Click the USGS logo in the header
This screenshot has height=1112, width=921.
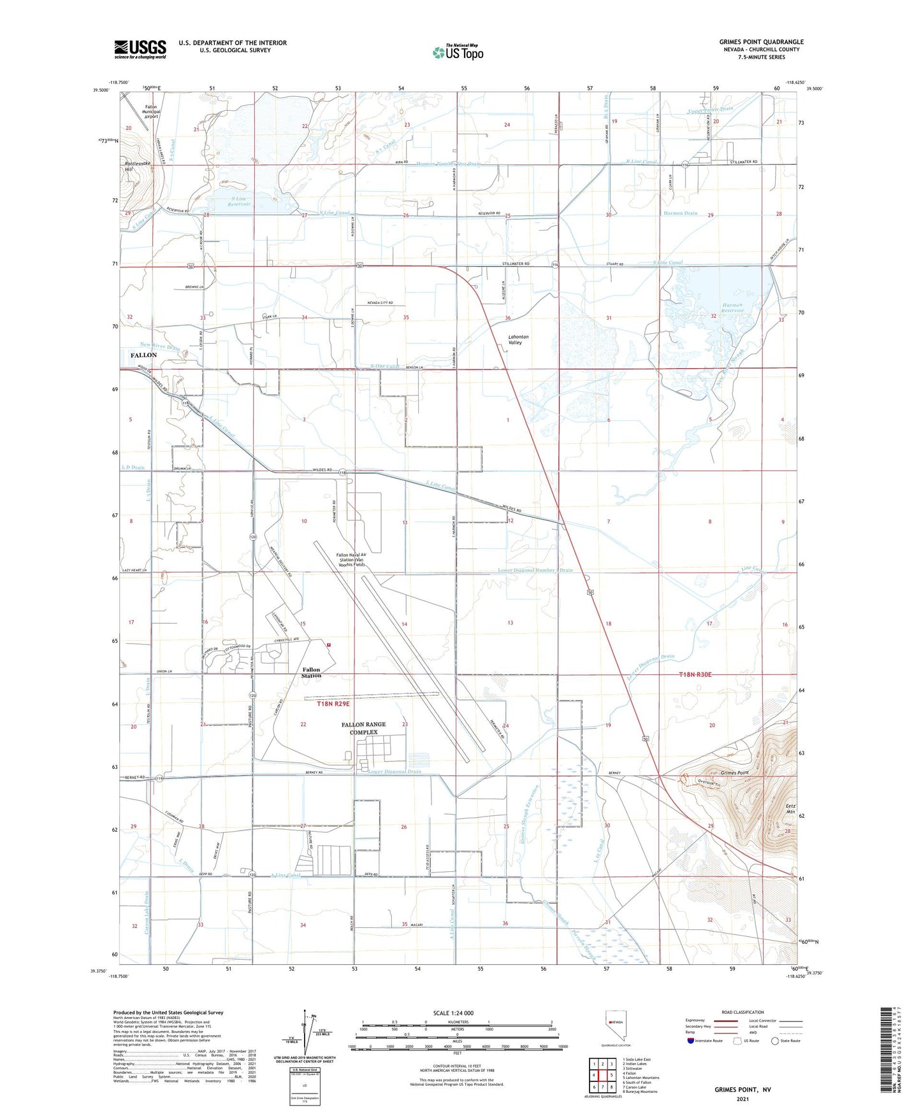coord(140,49)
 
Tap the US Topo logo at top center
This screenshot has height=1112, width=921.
coord(457,52)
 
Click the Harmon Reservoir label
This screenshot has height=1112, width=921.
coord(732,308)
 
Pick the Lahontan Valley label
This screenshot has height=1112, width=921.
coord(515,339)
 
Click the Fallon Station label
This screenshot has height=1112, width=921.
coord(312,673)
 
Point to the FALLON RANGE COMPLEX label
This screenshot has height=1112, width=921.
coord(363,728)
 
